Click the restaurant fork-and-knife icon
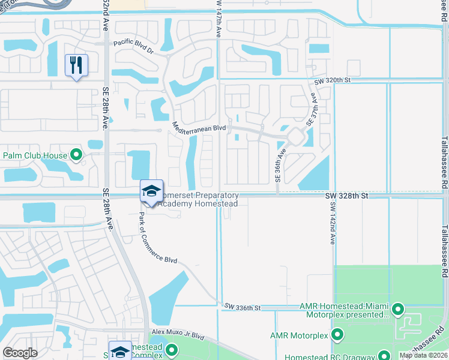point(76,65)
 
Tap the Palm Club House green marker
point(76,156)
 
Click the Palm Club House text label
point(35,156)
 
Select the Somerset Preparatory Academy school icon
point(151,191)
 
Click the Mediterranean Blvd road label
point(199,127)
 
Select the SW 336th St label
point(243,307)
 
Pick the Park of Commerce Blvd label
point(158,239)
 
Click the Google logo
point(20,353)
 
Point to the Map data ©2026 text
point(424,355)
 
